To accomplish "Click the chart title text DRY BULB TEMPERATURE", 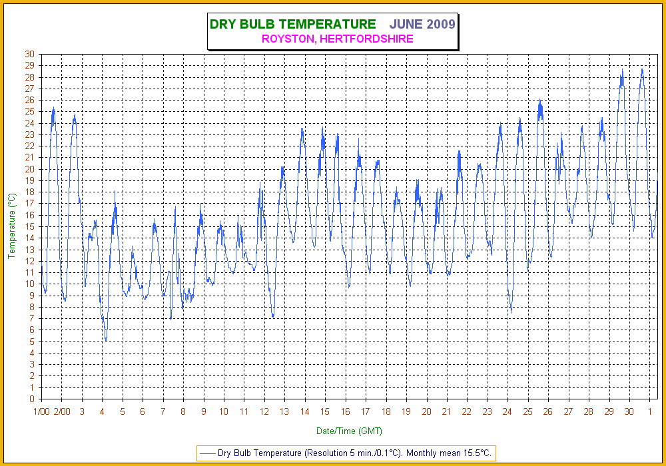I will tap(292, 25).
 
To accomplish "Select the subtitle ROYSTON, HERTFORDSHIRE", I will tap(338, 39).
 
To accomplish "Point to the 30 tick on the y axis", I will tap(30, 54).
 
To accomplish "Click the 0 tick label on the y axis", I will tap(33, 399).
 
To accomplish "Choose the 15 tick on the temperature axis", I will tap(30, 226).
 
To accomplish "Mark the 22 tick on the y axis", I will tap(30, 146).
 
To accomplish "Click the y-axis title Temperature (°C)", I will tap(12, 226).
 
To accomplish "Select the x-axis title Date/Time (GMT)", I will tap(349, 431).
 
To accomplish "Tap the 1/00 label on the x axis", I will tap(41, 411).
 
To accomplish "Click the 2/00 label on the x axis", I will tap(62, 411).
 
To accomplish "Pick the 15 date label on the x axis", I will tap(325, 411).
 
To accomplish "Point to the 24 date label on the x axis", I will tap(507, 411).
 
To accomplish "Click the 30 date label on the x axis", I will tap(629, 411).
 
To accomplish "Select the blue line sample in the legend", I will tap(207, 453).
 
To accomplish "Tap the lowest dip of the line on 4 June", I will tap(106, 341).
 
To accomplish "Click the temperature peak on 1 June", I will tap(53, 107).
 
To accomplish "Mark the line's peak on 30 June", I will tap(642, 69).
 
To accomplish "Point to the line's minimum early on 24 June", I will tap(511, 312).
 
